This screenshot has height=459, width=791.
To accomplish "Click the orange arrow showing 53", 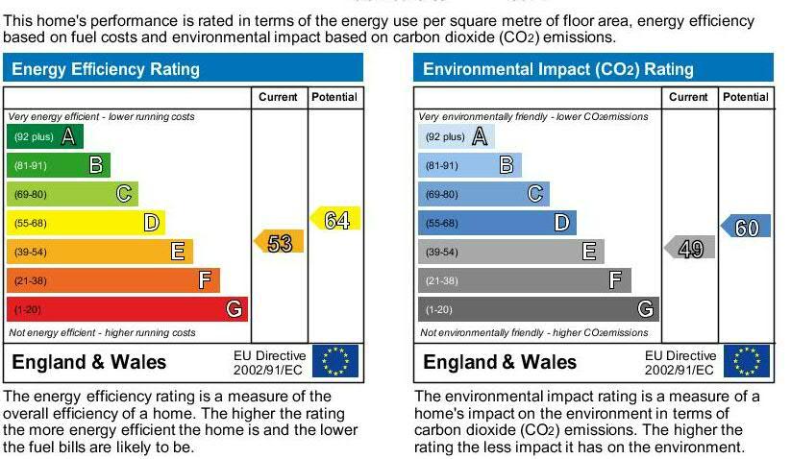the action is point(279,241).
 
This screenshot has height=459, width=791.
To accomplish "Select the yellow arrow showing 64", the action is point(335,218).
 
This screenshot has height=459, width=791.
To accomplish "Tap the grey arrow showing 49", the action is point(690,248).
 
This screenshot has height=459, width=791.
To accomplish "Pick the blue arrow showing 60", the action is point(746,226).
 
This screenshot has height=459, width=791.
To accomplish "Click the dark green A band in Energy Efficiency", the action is point(45,136).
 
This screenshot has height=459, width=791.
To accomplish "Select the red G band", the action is point(127,309).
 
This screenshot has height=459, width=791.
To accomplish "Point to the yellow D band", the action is point(86,223).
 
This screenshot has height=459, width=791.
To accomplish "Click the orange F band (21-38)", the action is point(113,280).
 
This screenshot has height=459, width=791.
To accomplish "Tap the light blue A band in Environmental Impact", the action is point(456,136).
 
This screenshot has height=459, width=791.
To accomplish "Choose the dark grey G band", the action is point(539,309).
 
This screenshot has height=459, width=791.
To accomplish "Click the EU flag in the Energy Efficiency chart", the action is point(335,361).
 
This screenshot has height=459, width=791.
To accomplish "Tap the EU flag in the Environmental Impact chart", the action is point(747,361).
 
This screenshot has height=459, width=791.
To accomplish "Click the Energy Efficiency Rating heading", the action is point(106,69).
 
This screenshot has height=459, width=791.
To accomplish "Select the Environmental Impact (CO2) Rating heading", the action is point(558,69).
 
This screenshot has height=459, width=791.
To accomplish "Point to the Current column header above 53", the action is point(278,97).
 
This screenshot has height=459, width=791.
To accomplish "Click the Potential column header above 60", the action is point(746,97).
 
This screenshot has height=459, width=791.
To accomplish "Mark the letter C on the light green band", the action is point(124,194).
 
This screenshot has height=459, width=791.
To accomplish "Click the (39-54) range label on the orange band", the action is point(31,252).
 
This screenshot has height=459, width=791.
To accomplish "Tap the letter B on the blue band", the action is point(507,165).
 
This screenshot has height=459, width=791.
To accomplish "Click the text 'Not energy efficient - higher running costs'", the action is point(102,332).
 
